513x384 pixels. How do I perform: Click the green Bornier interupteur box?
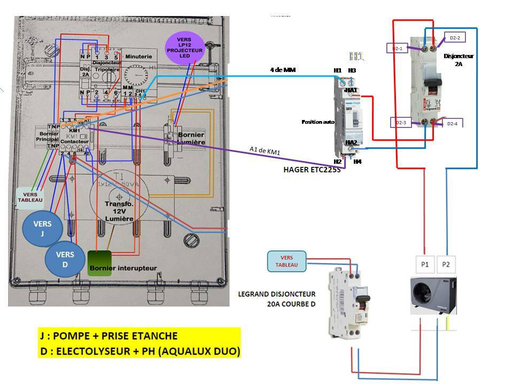[x=99, y=263]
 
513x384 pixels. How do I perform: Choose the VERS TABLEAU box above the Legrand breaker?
[x=287, y=261]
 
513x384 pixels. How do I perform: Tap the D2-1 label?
[x=397, y=49]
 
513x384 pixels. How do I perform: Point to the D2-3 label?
[x=401, y=123]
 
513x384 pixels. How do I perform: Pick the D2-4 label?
[x=452, y=123]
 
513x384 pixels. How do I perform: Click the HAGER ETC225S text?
[x=312, y=170]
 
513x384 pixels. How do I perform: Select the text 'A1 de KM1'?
[x=265, y=151]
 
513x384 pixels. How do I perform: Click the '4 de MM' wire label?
[x=283, y=70]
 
